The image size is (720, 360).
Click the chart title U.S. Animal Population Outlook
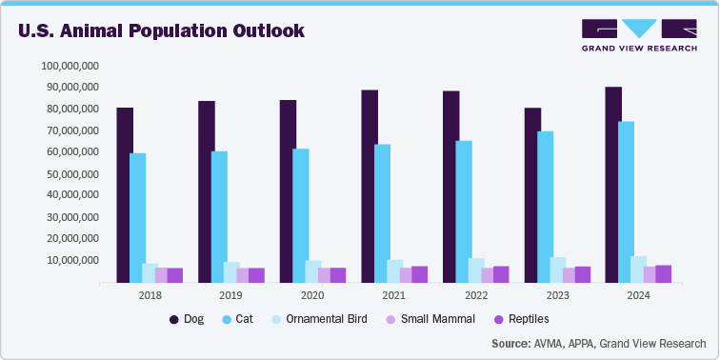point(161,30)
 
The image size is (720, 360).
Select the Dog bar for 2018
point(125,195)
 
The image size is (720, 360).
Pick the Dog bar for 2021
point(370,187)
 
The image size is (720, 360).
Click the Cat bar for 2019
point(219,217)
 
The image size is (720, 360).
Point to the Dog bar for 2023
point(532,195)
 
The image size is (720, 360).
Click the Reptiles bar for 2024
point(664,274)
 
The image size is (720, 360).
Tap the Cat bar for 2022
point(464,211)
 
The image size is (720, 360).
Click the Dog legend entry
point(187,319)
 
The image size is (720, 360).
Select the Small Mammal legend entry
point(426,319)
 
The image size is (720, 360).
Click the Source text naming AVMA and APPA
point(599,343)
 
